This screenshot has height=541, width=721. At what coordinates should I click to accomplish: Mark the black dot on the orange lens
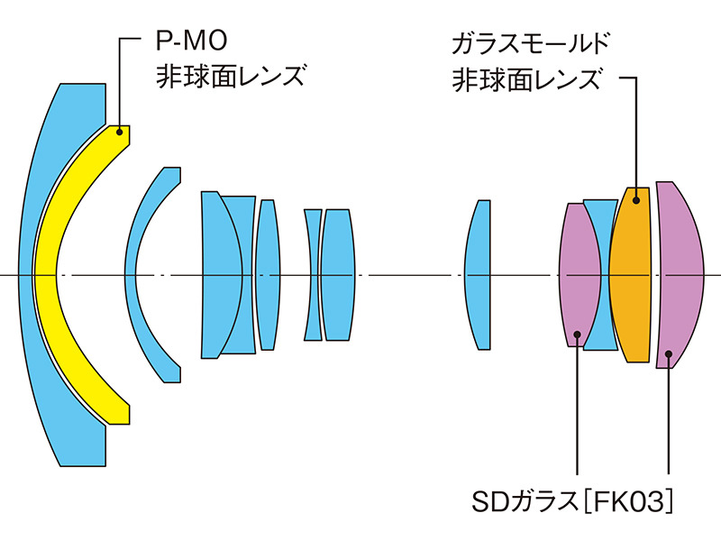coord(635,199)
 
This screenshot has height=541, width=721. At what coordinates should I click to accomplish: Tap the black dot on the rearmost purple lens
coord(668,355)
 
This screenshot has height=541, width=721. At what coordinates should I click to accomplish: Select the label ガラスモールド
coord(528,43)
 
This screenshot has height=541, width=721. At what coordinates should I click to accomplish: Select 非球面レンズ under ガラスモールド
coord(526,79)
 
